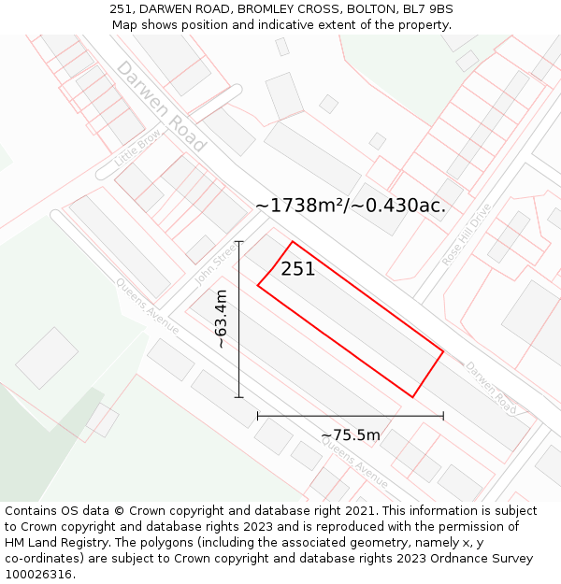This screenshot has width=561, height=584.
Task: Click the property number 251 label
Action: click(x=298, y=269)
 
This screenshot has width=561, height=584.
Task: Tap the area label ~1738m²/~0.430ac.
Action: click(x=351, y=206)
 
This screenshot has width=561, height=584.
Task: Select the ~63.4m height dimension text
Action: click(x=222, y=319)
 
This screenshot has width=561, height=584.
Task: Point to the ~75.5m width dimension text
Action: click(x=351, y=435)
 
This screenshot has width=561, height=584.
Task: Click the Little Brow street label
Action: click(x=137, y=148)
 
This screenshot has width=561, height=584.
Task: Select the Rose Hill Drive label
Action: click(x=467, y=235)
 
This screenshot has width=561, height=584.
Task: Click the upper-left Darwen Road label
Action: click(x=160, y=107)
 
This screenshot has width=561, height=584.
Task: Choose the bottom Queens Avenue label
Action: click(x=354, y=463)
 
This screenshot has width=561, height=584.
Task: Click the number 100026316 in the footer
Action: click(x=39, y=574)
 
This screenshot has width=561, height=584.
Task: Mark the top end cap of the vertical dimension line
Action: click(x=238, y=242)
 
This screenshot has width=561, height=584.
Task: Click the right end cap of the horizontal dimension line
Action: click(x=443, y=415)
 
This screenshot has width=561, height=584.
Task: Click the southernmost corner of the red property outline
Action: click(x=412, y=397)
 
